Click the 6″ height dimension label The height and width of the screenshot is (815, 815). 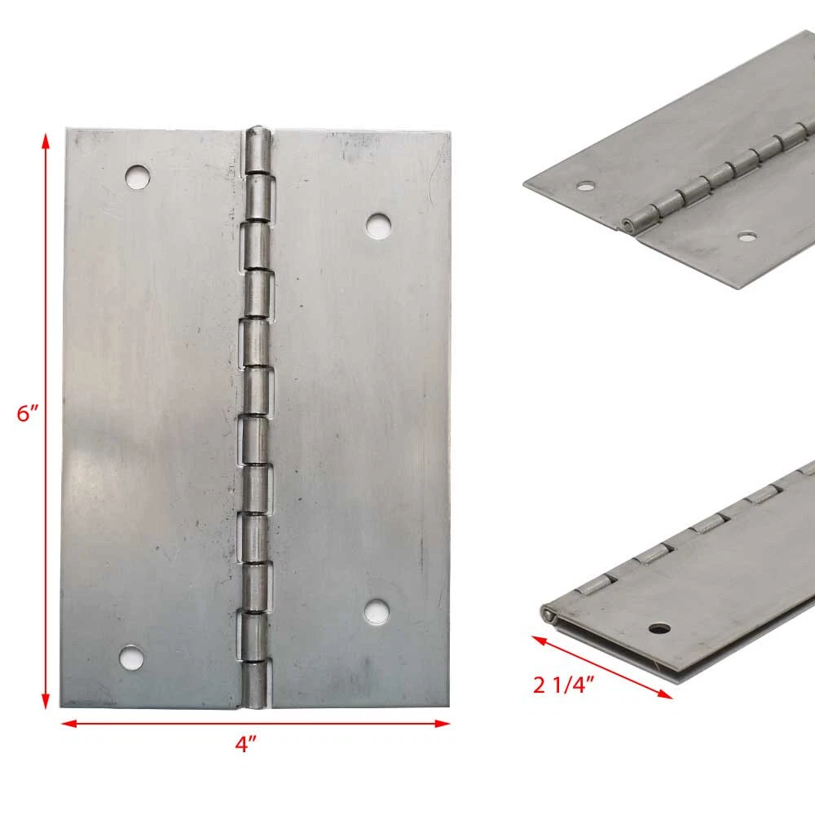point(28,414)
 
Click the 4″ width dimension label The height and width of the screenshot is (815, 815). point(246,744)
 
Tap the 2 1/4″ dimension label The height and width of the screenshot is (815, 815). point(563,685)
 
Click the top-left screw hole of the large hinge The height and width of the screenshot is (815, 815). point(138,177)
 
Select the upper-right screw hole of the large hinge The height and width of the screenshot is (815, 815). point(378,225)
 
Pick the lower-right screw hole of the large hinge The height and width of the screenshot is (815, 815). point(377,611)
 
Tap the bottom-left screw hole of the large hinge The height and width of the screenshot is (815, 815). point(131,658)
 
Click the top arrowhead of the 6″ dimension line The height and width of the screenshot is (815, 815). point(46,141)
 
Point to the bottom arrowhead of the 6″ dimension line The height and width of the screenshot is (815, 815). point(45,701)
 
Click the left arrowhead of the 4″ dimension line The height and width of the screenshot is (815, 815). point(69,723)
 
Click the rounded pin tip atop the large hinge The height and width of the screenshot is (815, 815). point(258,130)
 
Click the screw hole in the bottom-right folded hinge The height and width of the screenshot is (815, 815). point(659,629)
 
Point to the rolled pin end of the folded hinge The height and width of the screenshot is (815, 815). point(548,615)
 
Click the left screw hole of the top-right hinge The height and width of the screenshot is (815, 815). point(586,186)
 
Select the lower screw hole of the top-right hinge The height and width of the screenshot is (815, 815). point(747,237)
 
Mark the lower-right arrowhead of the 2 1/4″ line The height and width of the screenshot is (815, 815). point(665,694)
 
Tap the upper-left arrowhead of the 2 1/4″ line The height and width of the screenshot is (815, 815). point(540,640)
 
